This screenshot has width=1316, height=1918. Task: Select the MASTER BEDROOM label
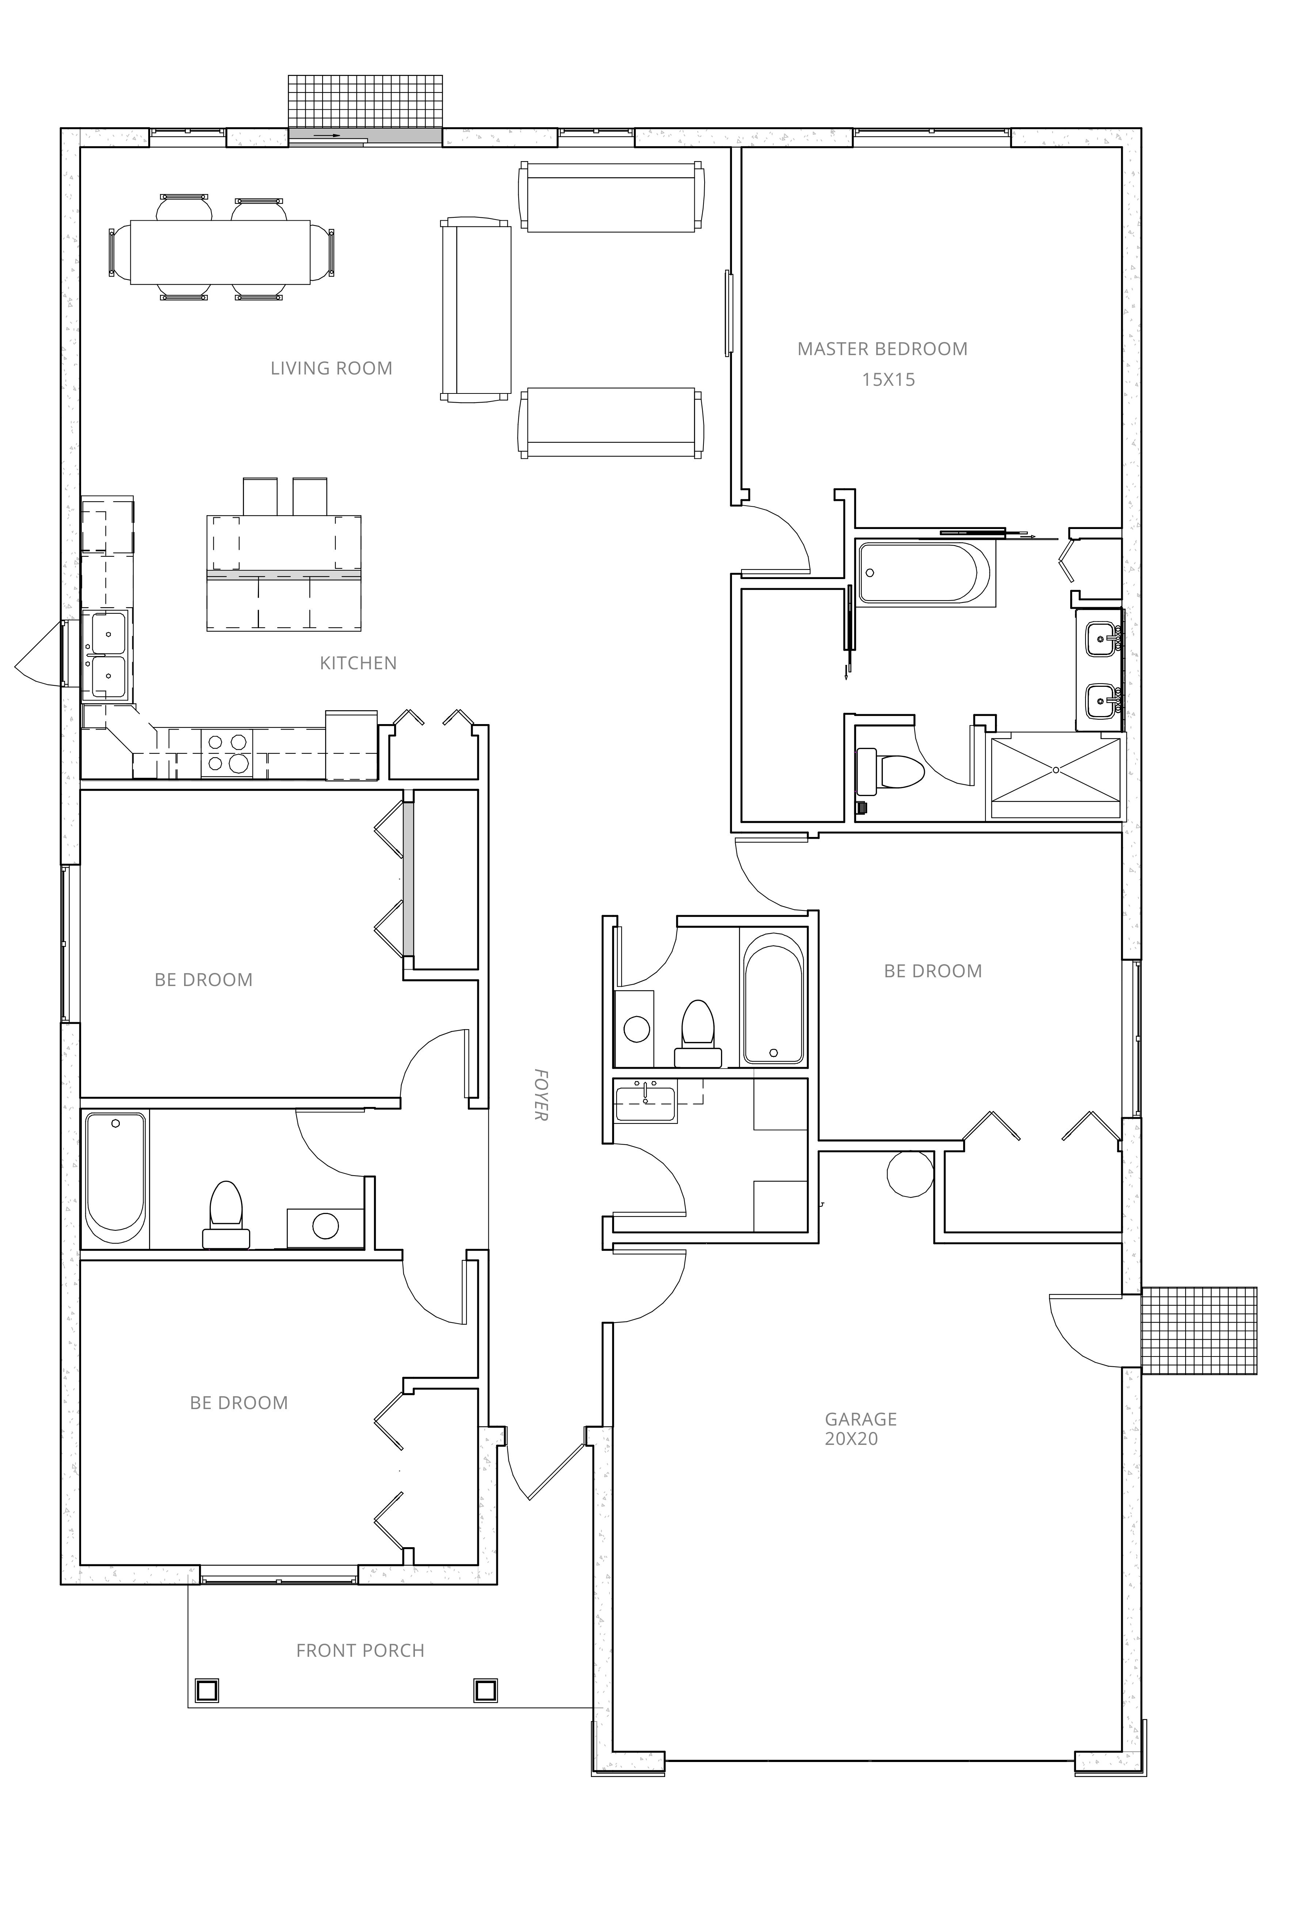(x=882, y=349)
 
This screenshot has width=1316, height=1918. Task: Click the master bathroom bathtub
(x=924, y=572)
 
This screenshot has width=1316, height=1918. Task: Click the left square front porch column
(x=207, y=1690)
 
